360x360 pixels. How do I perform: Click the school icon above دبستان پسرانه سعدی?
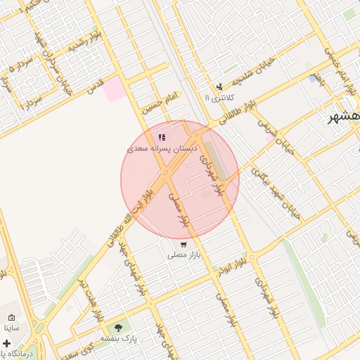click(x=162, y=138)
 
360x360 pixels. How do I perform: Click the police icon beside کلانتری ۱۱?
click(x=219, y=86)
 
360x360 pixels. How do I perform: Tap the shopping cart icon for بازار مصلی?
click(x=184, y=245)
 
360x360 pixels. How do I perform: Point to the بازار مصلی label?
click(x=184, y=256)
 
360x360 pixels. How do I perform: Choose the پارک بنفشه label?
click(x=117, y=338)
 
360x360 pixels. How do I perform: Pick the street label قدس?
click(x=96, y=86)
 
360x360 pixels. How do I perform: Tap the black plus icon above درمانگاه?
click(x=7, y=343)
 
